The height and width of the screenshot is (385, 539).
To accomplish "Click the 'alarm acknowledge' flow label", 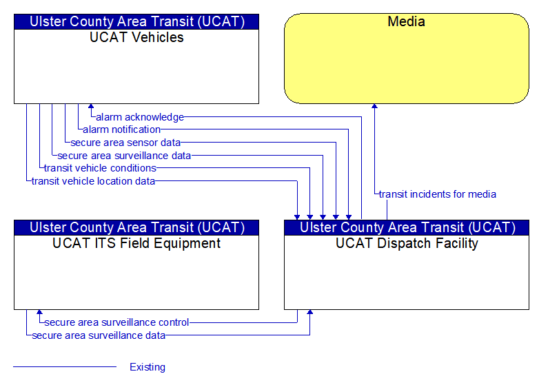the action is (140, 117).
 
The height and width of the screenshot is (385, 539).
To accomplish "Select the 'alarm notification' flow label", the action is (122, 129).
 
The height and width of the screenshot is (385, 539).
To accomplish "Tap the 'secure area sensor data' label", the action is (125, 143).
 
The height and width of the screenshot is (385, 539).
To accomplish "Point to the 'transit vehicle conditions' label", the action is (100, 168).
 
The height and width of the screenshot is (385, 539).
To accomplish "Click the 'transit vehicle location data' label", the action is (93, 181).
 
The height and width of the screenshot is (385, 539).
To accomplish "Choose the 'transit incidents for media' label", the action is (437, 194).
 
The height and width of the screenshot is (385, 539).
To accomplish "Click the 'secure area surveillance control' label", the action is (116, 322).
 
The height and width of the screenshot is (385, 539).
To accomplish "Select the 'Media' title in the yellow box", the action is (406, 21).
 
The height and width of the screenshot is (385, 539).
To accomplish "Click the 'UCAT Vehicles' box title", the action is (136, 37).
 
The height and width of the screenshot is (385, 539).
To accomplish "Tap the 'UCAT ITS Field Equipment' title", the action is (136, 243).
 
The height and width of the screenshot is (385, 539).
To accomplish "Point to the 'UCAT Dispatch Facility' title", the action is (407, 243).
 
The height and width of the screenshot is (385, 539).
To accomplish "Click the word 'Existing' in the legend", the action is (148, 367).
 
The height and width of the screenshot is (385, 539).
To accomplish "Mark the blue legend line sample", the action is (65, 366).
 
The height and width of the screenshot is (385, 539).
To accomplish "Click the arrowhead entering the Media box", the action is (374, 106).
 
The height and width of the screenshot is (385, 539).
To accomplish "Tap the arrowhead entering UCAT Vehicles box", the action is (91, 106).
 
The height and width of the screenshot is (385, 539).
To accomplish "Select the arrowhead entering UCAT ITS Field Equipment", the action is (39, 312).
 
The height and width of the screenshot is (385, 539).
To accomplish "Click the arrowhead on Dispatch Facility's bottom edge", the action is (309, 312).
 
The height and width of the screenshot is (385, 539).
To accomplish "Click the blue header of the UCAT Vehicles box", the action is (136, 21).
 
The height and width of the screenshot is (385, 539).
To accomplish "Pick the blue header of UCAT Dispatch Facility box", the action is (407, 227).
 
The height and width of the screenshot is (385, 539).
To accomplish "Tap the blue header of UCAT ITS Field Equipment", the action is (136, 227).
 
